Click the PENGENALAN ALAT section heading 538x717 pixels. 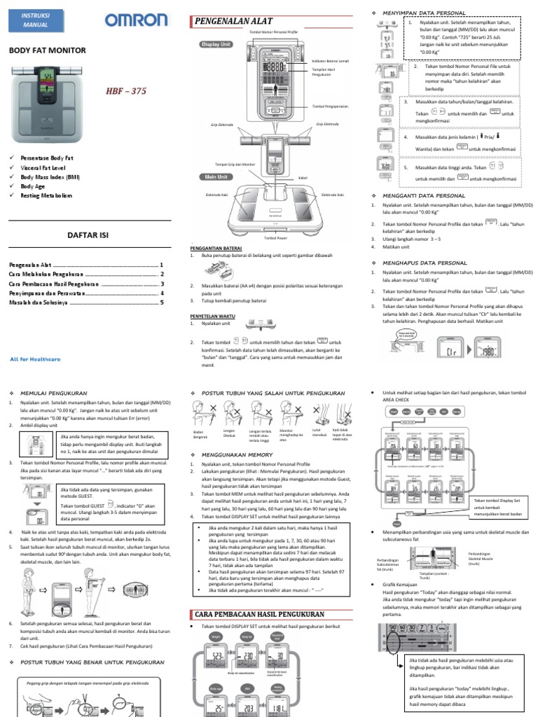(230, 22)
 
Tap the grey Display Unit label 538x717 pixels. (216, 44)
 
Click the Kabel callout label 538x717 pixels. (303, 178)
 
